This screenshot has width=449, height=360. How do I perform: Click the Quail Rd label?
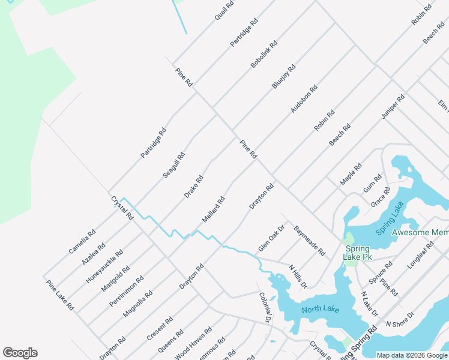(x=224, y=11)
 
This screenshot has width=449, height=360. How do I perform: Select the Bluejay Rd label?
(x=284, y=77)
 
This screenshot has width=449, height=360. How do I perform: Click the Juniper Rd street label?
(x=393, y=107)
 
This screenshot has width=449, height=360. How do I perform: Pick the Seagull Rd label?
(x=174, y=165)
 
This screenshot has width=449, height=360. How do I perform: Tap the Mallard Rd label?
(x=213, y=209)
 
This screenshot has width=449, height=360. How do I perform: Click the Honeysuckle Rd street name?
(x=104, y=266)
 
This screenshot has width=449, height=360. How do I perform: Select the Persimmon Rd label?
(x=126, y=292)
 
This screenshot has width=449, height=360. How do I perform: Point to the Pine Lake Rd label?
(x=60, y=294)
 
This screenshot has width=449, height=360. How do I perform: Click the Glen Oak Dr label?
(x=271, y=238)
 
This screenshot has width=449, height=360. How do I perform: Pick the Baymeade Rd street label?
(x=309, y=241)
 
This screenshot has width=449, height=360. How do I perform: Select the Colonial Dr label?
(x=265, y=307)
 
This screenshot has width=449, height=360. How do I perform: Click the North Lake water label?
(x=321, y=310)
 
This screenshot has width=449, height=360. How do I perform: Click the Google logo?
(x=20, y=353)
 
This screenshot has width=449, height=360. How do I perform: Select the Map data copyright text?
(x=412, y=355)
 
